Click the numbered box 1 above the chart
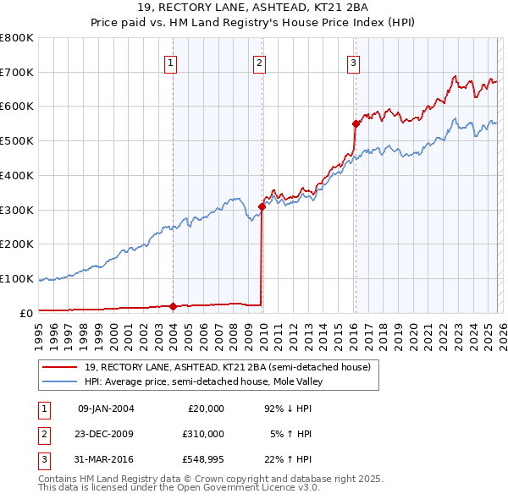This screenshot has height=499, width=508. tap(171, 62)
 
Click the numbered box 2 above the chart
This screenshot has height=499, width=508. tap(259, 62)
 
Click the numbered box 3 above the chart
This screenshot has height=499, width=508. tap(353, 62)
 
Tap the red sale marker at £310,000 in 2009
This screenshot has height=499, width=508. tap(262, 206)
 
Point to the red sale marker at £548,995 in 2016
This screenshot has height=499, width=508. tap(356, 123)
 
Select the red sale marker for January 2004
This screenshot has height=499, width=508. tap(173, 306)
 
